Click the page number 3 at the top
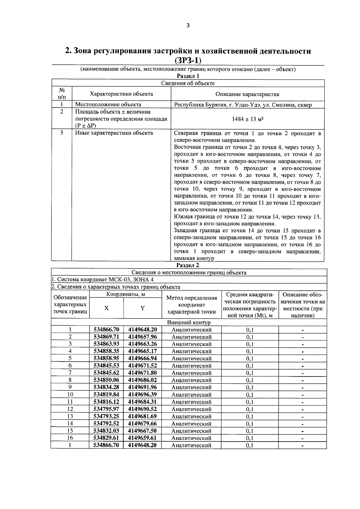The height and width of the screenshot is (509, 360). pyautogui.click(x=188, y=25)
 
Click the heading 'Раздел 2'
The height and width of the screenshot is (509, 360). pyautogui.click(x=188, y=265)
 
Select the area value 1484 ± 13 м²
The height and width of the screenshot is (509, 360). pyautogui.click(x=247, y=119)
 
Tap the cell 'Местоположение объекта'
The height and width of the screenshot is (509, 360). pyautogui.click(x=108, y=105)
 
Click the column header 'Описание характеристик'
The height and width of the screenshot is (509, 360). pyautogui.click(x=247, y=94)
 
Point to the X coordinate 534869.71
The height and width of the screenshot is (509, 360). pyautogui.click(x=106, y=337)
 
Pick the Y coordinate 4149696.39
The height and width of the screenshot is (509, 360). pyautogui.click(x=142, y=394)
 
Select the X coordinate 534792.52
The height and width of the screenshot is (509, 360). pyautogui.click(x=106, y=423)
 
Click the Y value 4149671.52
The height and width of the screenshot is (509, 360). pyautogui.click(x=142, y=365)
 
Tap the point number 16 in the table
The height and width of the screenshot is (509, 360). pyautogui.click(x=70, y=438)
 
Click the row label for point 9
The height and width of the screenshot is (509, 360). pyautogui.click(x=70, y=387)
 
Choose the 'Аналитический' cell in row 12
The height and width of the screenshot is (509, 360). pyautogui.click(x=191, y=409)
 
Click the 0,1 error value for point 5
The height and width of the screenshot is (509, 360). pyautogui.click(x=250, y=359)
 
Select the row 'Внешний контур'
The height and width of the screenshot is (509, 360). pyautogui.click(x=189, y=323)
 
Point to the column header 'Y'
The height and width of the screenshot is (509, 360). pyautogui.click(x=142, y=308)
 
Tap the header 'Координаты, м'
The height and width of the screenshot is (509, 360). pyautogui.click(x=125, y=294)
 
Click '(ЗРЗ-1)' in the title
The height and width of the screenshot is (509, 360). pyautogui.click(x=188, y=60)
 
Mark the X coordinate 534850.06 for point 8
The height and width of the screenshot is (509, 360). pyautogui.click(x=106, y=380)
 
